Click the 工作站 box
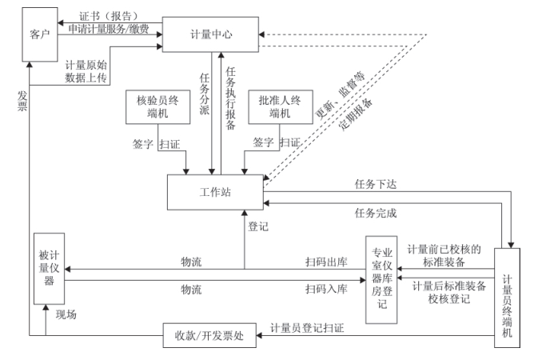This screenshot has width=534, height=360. [x=214, y=193]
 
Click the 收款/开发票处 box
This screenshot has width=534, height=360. [x=209, y=334]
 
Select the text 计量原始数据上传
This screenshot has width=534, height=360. [x=86, y=72]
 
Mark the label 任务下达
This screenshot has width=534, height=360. [x=375, y=184]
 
